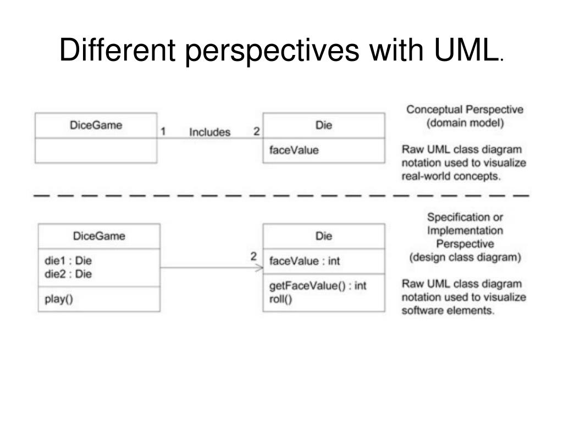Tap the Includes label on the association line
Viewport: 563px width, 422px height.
click(x=209, y=132)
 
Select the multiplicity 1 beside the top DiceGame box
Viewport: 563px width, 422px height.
click(x=163, y=131)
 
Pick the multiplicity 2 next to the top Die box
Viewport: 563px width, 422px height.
click(x=256, y=131)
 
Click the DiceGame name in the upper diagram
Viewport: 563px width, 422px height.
click(x=96, y=125)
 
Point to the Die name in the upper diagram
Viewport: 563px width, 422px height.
click(x=323, y=125)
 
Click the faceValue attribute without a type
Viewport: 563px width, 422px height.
click(x=294, y=149)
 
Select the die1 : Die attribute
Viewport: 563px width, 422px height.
click(x=68, y=260)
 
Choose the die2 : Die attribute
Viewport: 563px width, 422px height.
click(x=68, y=274)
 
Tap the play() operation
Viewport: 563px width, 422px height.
click(x=59, y=299)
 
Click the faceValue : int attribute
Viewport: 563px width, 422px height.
click(x=305, y=261)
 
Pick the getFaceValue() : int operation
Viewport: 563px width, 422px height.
click(x=318, y=286)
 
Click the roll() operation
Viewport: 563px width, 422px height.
click(x=281, y=299)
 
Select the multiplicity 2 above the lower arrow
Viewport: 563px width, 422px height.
click(x=253, y=256)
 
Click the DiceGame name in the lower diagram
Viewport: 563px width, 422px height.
click(x=99, y=236)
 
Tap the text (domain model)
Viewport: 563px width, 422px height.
click(x=465, y=123)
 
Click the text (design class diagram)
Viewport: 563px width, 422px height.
click(x=465, y=257)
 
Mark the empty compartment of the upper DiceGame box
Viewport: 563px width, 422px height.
click(x=96, y=151)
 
